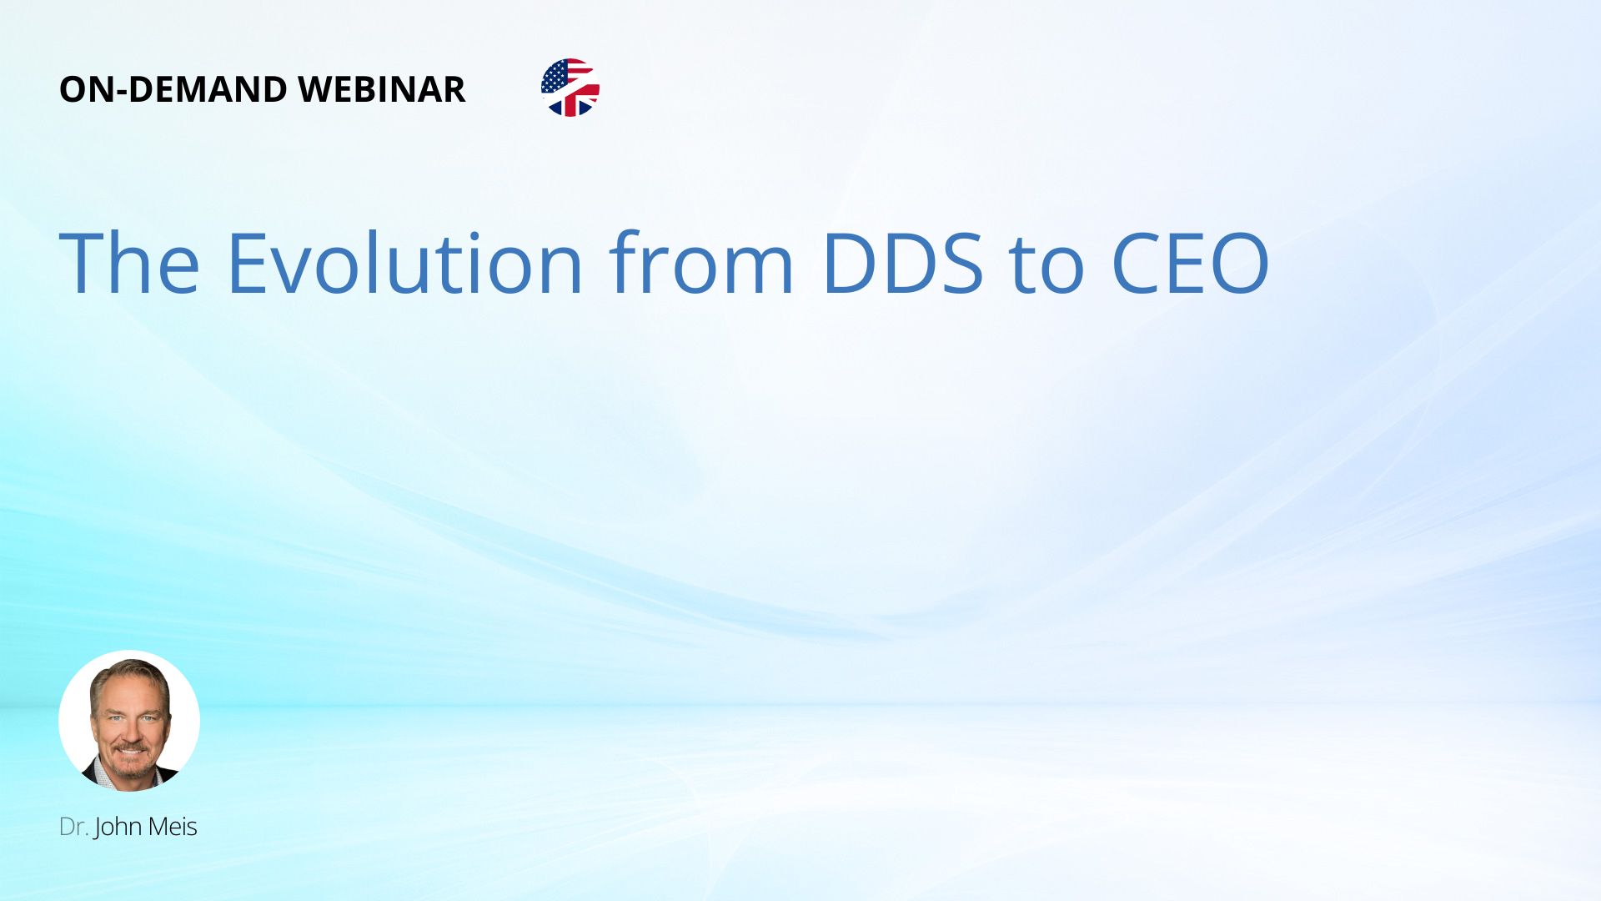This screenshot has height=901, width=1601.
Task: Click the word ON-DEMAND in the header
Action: point(173,89)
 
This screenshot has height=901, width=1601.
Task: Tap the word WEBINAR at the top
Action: point(382,89)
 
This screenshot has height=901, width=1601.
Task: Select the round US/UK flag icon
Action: point(570,88)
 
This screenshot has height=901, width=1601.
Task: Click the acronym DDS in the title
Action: point(903,263)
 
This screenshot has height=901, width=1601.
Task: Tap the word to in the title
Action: point(1046,265)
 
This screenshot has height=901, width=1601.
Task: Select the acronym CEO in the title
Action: point(1191,263)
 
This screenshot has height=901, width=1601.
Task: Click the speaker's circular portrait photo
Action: point(129,721)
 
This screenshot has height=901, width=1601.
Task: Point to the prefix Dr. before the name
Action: point(74,827)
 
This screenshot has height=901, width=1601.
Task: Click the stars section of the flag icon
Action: point(555,76)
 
